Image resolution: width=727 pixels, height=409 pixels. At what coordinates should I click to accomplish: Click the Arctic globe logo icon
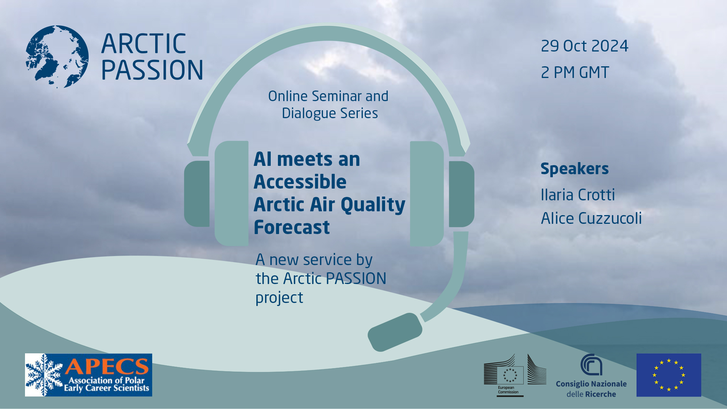point(57,57)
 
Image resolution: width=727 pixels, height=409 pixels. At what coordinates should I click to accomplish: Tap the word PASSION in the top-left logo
point(152,70)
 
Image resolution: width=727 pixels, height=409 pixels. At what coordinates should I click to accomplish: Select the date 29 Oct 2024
point(584,46)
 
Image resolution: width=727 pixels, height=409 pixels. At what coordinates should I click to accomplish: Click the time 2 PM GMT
point(575,72)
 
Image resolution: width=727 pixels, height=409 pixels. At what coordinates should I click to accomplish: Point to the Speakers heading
point(574,169)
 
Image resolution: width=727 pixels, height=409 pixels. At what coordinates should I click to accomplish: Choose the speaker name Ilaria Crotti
point(577,195)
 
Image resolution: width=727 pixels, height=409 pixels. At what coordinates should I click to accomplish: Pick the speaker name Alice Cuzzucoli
point(591,219)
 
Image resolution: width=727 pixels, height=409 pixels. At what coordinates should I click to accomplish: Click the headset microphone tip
point(395,332)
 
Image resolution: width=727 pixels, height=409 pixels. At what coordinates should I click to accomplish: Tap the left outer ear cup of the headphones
point(197,194)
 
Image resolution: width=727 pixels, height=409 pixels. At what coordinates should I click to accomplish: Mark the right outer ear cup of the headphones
point(462,194)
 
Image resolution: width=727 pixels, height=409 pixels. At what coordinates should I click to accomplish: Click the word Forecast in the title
point(292,227)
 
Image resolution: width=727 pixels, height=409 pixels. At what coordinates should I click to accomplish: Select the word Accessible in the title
point(300,182)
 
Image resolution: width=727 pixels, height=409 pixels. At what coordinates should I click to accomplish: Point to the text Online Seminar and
point(328,96)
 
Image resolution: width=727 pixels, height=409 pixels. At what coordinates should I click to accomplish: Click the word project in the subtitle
point(279,298)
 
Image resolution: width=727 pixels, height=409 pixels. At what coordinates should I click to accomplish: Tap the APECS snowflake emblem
point(44,375)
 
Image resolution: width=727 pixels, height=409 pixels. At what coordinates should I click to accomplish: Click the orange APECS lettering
point(107,366)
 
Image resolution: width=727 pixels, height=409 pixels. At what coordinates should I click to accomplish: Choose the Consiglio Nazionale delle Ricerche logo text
point(591,389)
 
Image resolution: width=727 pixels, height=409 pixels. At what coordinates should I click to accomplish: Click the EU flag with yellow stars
point(669,375)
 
